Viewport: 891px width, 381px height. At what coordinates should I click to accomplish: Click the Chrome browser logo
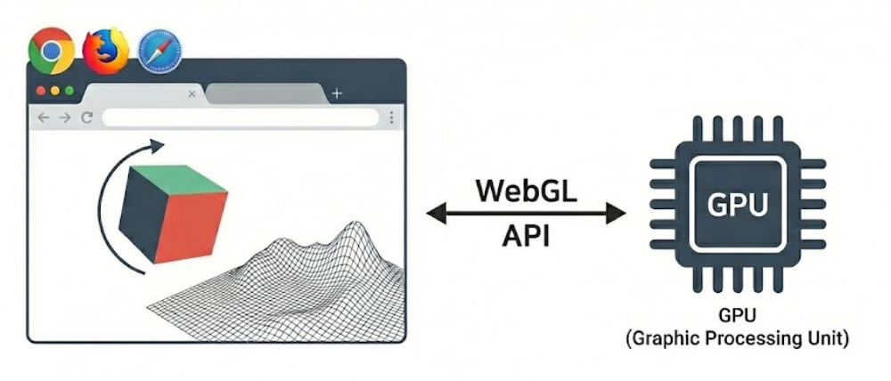[x=51, y=51]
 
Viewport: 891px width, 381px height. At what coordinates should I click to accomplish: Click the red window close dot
[x=40, y=91]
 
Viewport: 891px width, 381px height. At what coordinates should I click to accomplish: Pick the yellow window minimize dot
[x=55, y=91]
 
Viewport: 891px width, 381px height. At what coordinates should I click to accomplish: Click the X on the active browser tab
[x=192, y=93]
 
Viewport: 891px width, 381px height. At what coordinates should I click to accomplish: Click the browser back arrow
[x=44, y=118]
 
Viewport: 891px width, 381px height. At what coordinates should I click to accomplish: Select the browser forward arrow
[x=64, y=118]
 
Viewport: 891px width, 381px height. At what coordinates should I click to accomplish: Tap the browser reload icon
[x=86, y=118]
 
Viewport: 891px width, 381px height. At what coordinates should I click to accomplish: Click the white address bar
[x=241, y=118]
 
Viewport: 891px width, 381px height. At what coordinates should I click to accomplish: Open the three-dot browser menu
[x=391, y=118]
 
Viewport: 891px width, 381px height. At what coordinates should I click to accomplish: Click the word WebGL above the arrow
[x=526, y=190]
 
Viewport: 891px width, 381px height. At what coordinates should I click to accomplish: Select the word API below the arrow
[x=526, y=238]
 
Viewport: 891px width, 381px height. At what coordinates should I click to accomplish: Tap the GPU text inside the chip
[x=737, y=205]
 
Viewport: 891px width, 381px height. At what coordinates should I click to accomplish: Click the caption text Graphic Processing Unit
[x=737, y=340]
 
